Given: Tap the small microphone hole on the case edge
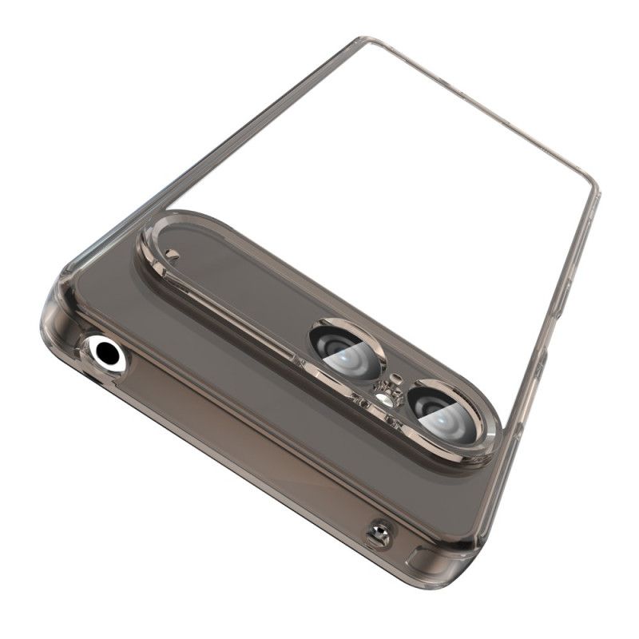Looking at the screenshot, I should (x=379, y=534).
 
